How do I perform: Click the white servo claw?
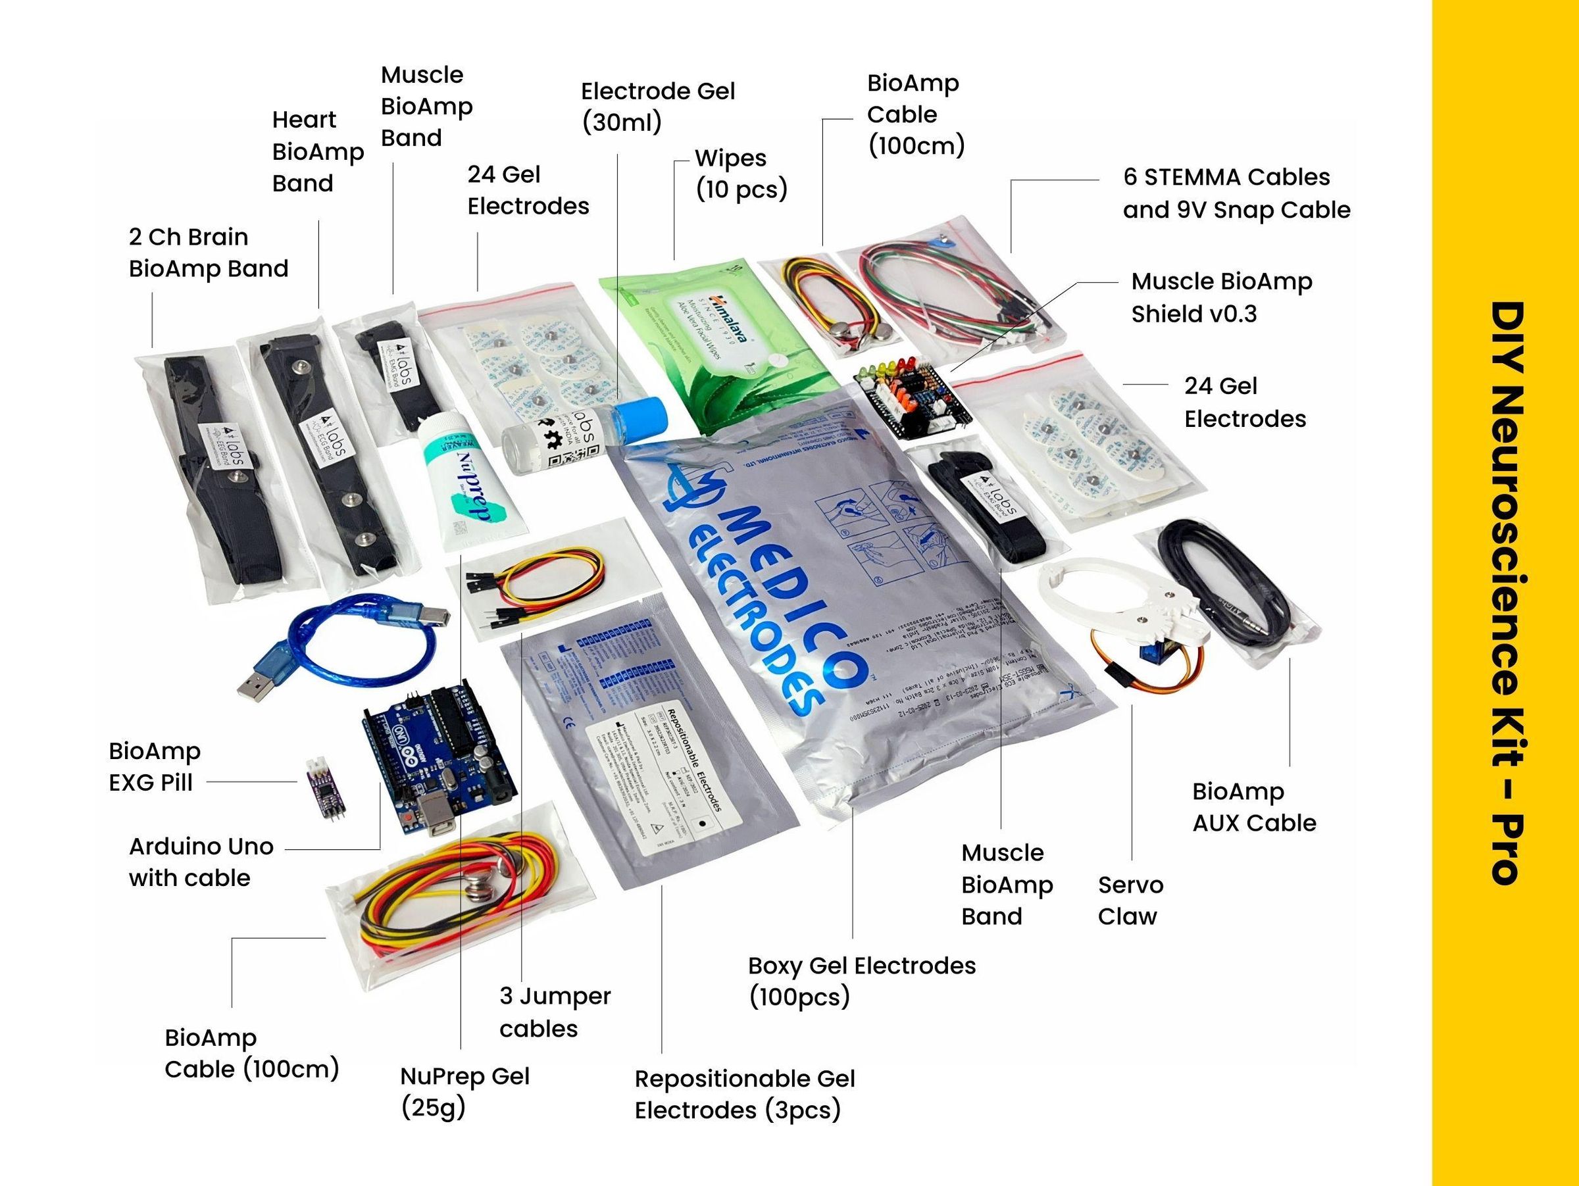click(1114, 606)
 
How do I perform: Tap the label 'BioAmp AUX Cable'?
click(1253, 807)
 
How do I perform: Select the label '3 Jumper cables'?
click(555, 1012)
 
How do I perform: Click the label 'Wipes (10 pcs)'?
click(741, 174)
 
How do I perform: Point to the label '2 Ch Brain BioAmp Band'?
click(209, 253)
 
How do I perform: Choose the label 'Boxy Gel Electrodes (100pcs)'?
click(861, 981)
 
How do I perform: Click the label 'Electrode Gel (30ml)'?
click(657, 107)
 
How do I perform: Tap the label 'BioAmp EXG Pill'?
click(154, 766)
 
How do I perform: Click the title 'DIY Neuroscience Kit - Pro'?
click(1508, 592)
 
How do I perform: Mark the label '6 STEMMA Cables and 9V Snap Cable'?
click(1236, 193)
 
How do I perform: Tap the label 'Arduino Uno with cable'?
click(201, 862)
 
